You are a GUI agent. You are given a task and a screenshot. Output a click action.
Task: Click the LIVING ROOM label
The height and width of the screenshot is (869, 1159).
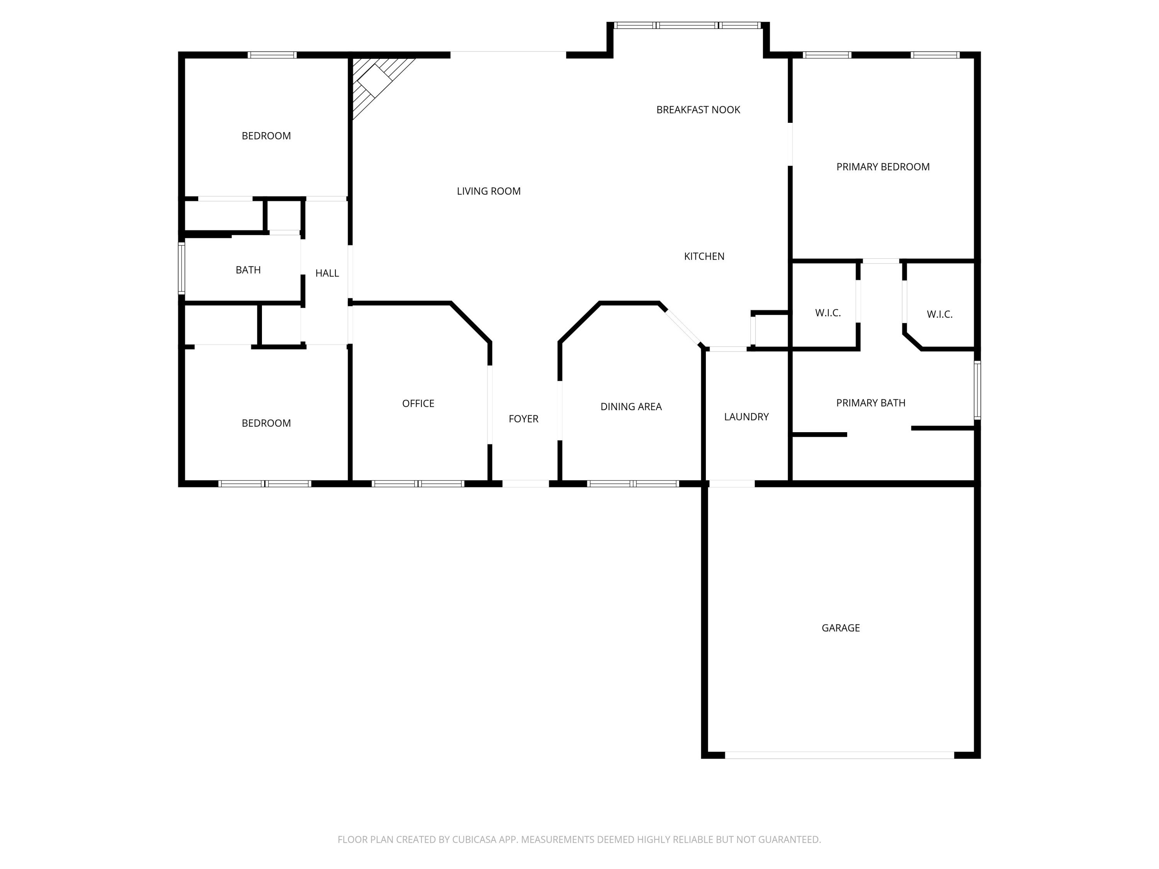click(x=488, y=191)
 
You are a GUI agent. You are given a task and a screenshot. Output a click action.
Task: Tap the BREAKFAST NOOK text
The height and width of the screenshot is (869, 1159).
click(x=698, y=109)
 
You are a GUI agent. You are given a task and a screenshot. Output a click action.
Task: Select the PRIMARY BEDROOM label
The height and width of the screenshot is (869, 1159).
click(x=883, y=166)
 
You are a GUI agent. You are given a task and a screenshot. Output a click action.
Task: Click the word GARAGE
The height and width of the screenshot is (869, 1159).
click(x=840, y=628)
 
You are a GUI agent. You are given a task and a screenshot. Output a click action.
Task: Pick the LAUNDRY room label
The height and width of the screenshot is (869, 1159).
click(x=746, y=416)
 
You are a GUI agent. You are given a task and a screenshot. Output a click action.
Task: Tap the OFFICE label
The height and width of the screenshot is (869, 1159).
click(x=418, y=403)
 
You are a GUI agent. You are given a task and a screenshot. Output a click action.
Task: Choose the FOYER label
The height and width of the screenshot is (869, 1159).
click(x=523, y=419)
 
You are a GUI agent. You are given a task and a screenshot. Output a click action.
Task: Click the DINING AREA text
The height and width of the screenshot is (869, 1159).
click(x=631, y=406)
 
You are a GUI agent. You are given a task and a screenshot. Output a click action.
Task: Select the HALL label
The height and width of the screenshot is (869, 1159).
click(x=327, y=273)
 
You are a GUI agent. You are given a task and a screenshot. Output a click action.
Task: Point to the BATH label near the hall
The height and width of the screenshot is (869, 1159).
click(x=248, y=270)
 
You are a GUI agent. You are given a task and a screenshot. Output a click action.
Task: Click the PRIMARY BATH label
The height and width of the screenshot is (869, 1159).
click(x=870, y=403)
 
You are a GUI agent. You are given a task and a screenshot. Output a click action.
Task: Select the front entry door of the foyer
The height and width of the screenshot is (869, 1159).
click(x=525, y=484)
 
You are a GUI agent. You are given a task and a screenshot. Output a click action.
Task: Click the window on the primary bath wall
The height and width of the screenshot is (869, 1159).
click(x=977, y=390)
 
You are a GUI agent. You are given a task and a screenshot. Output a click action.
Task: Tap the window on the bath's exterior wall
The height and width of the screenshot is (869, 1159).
click(x=181, y=268)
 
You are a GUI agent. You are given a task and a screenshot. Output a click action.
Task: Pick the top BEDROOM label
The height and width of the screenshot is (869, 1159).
click(x=266, y=136)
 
